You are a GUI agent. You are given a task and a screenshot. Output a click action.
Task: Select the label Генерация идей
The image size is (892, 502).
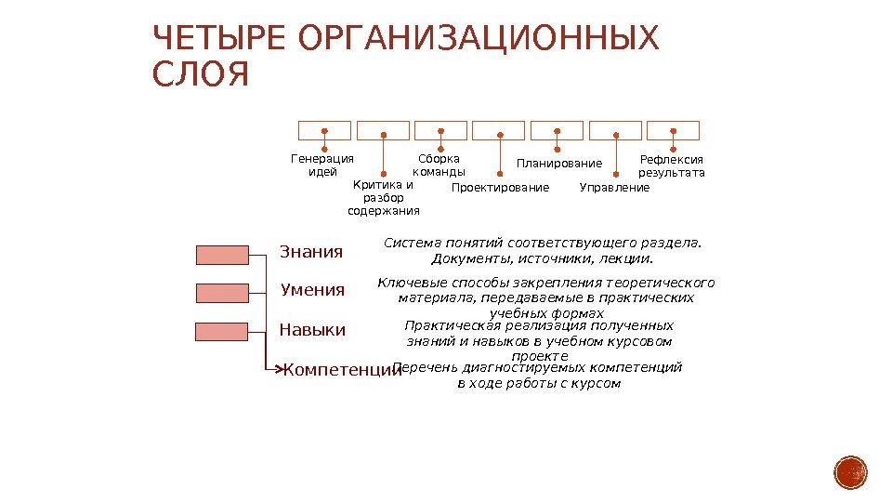pyautogui.click(x=322, y=165)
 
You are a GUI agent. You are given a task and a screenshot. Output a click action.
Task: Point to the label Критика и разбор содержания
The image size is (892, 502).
pyautogui.click(x=383, y=198)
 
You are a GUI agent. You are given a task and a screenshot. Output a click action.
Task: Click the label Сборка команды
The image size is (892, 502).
pyautogui.click(x=439, y=165)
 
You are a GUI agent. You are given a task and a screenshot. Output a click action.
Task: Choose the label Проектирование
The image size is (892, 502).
pyautogui.click(x=500, y=188)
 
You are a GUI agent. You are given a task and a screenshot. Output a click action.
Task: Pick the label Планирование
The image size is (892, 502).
pyautogui.click(x=559, y=165)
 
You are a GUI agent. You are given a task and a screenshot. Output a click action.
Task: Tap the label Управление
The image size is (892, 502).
pyautogui.click(x=614, y=188)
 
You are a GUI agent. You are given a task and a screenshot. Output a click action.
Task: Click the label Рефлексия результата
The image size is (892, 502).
pyautogui.click(x=672, y=165)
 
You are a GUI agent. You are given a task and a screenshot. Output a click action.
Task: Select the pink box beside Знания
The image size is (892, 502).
pyautogui.click(x=222, y=255)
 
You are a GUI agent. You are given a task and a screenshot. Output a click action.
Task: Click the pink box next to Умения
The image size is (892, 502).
pyautogui.click(x=222, y=293)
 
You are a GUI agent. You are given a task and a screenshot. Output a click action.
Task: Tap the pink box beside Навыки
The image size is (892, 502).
pyautogui.click(x=222, y=332)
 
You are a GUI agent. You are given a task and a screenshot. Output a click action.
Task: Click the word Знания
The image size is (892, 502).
pyautogui.click(x=311, y=252)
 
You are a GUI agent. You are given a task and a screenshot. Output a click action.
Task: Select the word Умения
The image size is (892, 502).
pyautogui.click(x=312, y=290)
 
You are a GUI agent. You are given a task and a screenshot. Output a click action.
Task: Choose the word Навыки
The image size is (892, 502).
pyautogui.click(x=312, y=330)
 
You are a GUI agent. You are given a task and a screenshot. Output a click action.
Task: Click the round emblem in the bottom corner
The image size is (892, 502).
pyautogui.click(x=850, y=472)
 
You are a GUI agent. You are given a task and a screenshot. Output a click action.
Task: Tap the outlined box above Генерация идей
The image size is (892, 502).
pyautogui.click(x=323, y=130)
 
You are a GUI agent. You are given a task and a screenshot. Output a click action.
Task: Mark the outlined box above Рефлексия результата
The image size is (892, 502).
pyautogui.click(x=673, y=130)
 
